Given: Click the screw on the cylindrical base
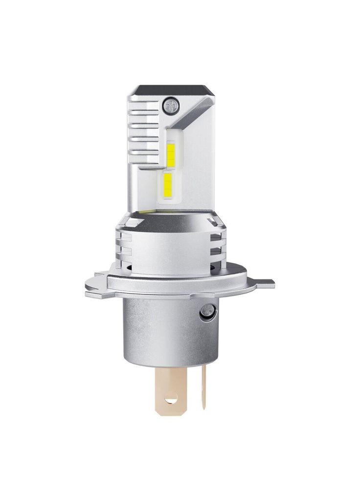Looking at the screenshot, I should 207,309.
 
